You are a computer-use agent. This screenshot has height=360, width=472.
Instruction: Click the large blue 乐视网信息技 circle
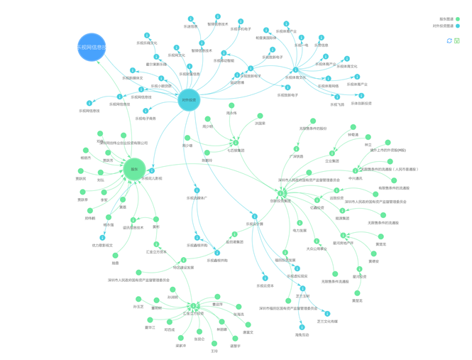(92, 48)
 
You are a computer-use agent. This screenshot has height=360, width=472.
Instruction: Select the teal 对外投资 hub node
(189, 100)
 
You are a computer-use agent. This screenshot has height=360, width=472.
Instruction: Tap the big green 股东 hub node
(134, 169)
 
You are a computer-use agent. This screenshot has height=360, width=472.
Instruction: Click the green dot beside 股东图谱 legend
(458, 19)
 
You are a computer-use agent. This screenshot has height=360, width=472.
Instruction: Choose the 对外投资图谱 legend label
(442, 26)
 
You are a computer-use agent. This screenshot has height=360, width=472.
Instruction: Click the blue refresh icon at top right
(449, 40)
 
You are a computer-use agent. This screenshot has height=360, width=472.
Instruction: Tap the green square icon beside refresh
(457, 40)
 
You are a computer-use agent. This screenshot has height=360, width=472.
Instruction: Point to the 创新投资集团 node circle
(281, 193)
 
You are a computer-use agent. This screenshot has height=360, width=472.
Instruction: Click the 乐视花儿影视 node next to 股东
(152, 171)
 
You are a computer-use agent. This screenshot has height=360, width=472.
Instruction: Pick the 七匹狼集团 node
(235, 143)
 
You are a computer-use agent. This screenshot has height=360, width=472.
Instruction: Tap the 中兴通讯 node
(354, 171)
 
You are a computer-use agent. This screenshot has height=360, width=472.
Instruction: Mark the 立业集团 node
(332, 153)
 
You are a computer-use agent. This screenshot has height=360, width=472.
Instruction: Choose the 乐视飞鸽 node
(337, 97)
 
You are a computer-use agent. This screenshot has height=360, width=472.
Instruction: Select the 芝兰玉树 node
(303, 288)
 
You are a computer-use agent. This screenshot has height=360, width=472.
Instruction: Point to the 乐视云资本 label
(264, 286)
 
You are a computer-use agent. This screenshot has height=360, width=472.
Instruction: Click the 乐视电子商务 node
(146, 111)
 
